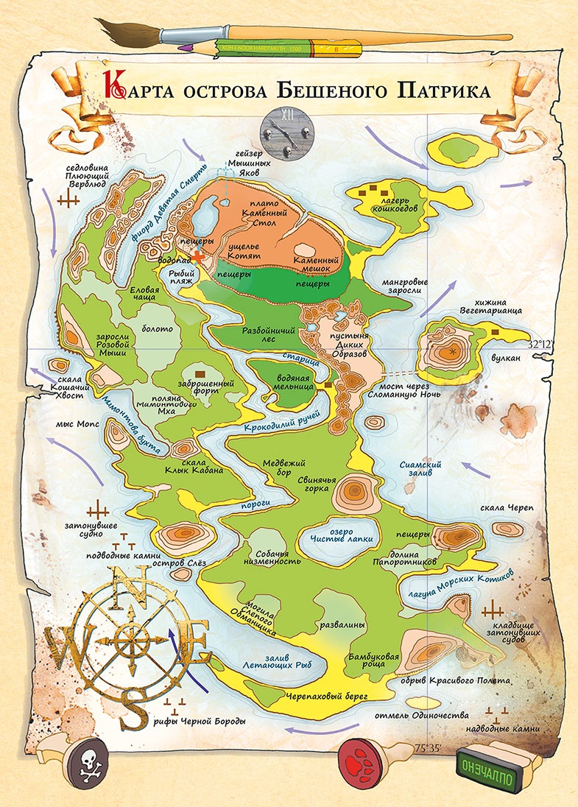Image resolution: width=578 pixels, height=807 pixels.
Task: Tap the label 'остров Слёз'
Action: click(175, 563)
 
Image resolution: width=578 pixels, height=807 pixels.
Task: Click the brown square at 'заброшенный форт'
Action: click(200, 375)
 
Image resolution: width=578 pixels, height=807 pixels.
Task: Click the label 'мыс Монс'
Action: click(71, 425)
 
